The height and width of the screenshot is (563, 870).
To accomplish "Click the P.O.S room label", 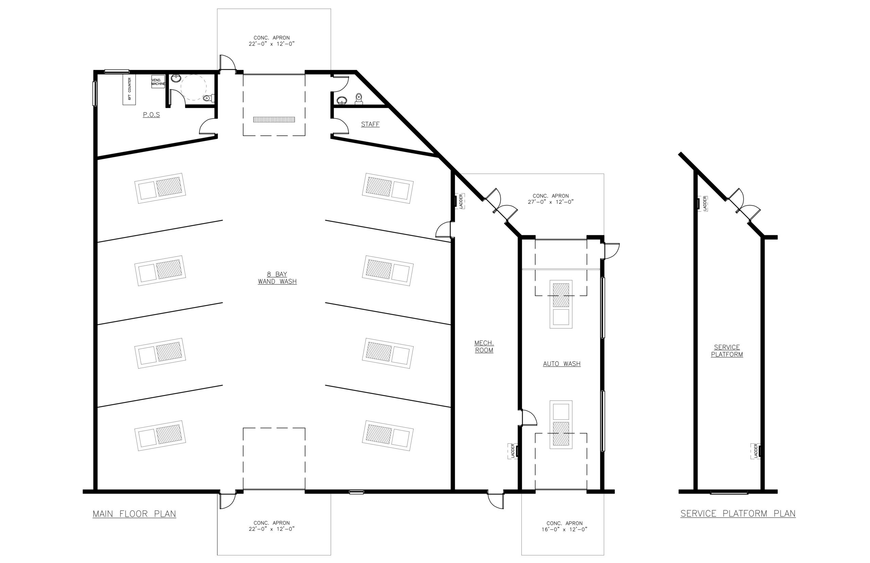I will pos(151,115).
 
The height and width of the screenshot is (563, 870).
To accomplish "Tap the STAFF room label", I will pos(370,124).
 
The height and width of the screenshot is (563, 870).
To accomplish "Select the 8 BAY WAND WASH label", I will pos(277,278).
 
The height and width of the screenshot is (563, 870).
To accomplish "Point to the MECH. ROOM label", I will pos(484,346).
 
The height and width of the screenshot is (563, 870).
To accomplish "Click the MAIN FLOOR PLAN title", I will pos(134,514).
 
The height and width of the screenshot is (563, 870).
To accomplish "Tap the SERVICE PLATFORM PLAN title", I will pos(737,513).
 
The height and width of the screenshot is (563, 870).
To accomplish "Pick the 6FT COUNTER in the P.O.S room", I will pos(129,89).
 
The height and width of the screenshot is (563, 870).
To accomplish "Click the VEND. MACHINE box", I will pos(158,82).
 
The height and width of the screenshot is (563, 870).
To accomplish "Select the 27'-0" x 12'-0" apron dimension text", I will pos(550,202).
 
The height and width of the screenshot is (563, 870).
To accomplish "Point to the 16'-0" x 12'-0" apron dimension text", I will pos(564,529).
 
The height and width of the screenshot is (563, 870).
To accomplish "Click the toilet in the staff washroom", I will pos(359,98).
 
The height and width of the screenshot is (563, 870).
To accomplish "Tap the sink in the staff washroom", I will pos(342,100).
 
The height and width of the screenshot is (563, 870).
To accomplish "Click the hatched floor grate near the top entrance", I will pos(274,120).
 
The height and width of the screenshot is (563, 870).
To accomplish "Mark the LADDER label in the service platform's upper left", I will pos(705,204).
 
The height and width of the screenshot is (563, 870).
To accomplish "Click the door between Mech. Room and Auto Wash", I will pos(528,417).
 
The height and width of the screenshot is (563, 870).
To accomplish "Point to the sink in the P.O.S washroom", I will pos(176,78).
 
